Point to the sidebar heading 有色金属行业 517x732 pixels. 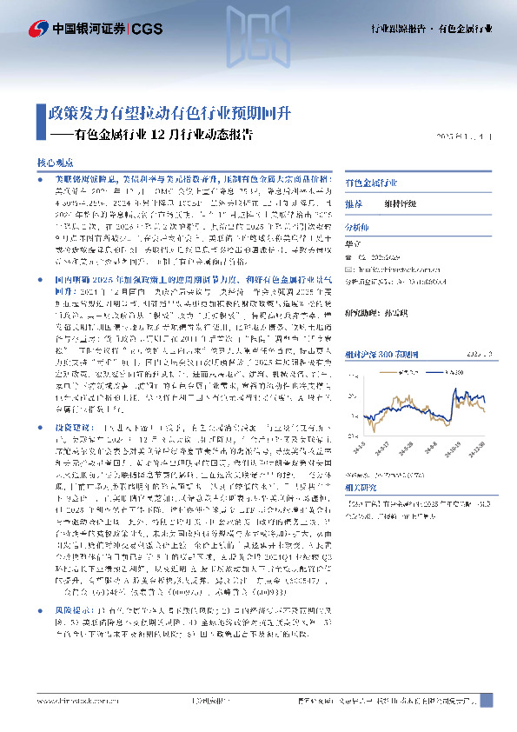[371, 183]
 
